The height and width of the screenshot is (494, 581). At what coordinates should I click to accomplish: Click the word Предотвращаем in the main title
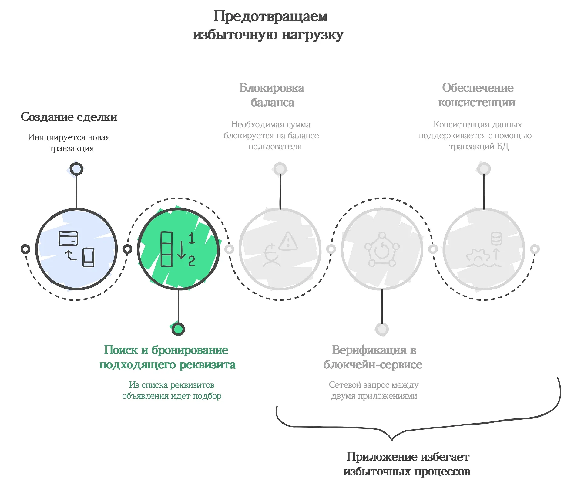270,16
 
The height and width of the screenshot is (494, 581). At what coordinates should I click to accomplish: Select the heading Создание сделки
69,117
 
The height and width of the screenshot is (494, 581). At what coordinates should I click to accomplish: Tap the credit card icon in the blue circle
68,239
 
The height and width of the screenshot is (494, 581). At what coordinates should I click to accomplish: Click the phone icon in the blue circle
88,257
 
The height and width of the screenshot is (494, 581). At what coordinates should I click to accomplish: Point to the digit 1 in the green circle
191,238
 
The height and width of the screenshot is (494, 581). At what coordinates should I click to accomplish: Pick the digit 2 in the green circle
191,261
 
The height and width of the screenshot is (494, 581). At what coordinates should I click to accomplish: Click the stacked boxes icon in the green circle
166,249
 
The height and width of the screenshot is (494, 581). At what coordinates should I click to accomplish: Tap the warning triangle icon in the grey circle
288,241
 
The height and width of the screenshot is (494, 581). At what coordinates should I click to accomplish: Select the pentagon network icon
382,249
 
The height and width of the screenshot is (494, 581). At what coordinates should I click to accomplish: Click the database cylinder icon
496,239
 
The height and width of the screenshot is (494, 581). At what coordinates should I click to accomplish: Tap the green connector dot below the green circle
178,329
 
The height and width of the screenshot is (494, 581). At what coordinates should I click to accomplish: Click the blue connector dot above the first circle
76,169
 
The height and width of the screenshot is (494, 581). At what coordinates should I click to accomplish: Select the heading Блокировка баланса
272,95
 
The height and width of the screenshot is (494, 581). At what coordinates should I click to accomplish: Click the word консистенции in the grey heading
477,103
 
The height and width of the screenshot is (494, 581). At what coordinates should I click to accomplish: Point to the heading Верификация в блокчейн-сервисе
373,357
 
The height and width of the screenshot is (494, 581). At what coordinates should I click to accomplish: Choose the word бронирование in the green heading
190,350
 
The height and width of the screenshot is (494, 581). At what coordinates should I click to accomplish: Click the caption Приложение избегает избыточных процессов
407,464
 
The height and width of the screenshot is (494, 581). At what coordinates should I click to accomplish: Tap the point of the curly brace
392,439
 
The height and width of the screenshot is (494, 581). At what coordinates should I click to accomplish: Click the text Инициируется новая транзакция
69,143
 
